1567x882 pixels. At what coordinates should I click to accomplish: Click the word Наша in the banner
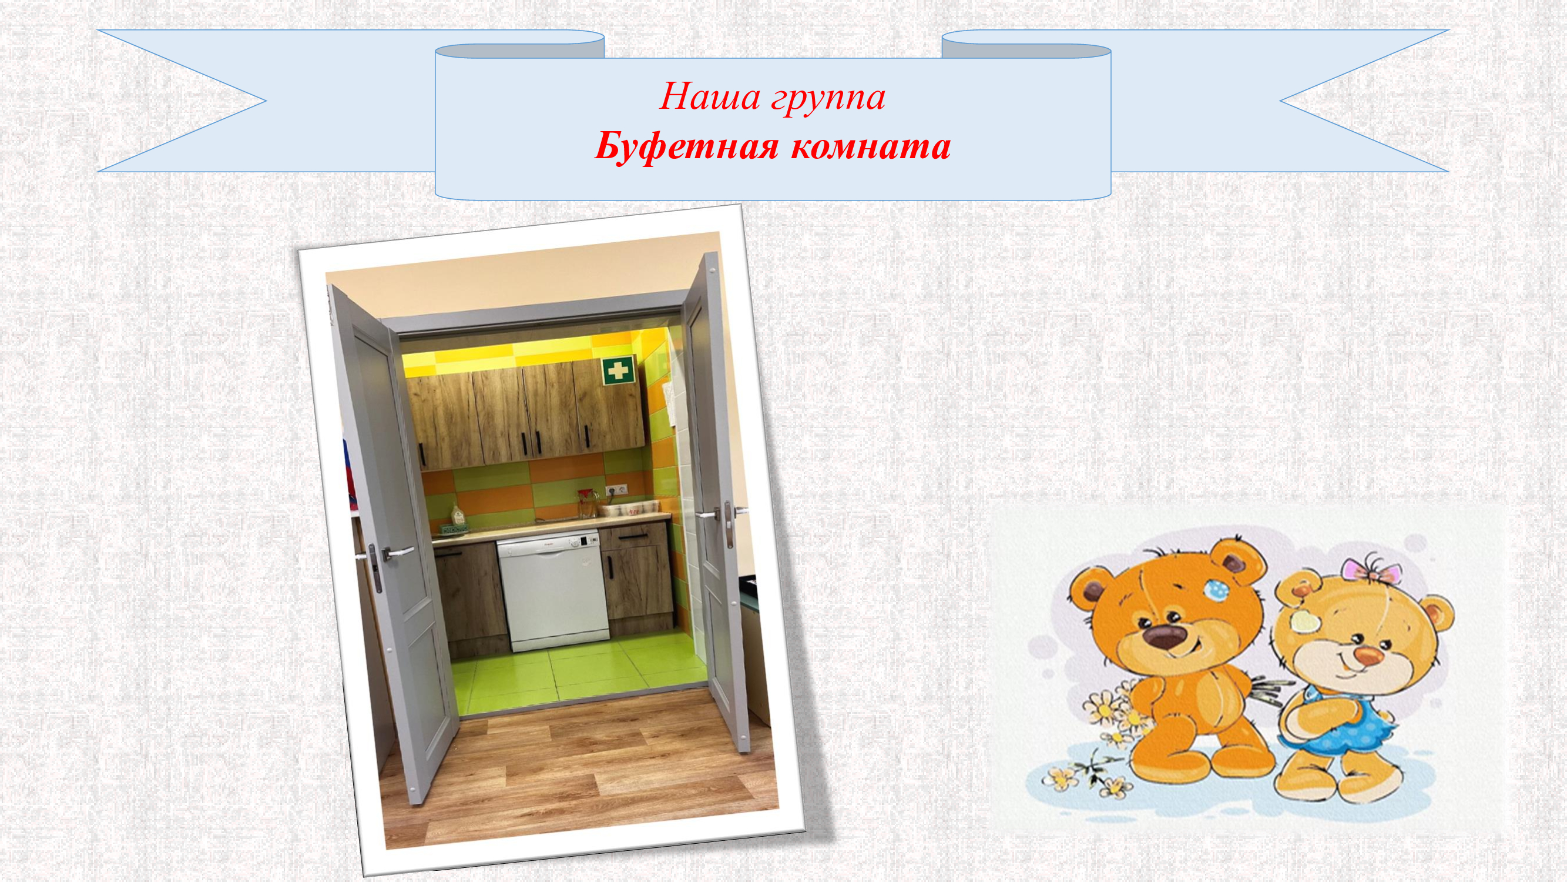(x=707, y=98)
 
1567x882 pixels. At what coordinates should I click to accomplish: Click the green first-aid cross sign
(x=619, y=370)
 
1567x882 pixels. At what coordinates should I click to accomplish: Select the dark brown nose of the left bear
(x=1163, y=637)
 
